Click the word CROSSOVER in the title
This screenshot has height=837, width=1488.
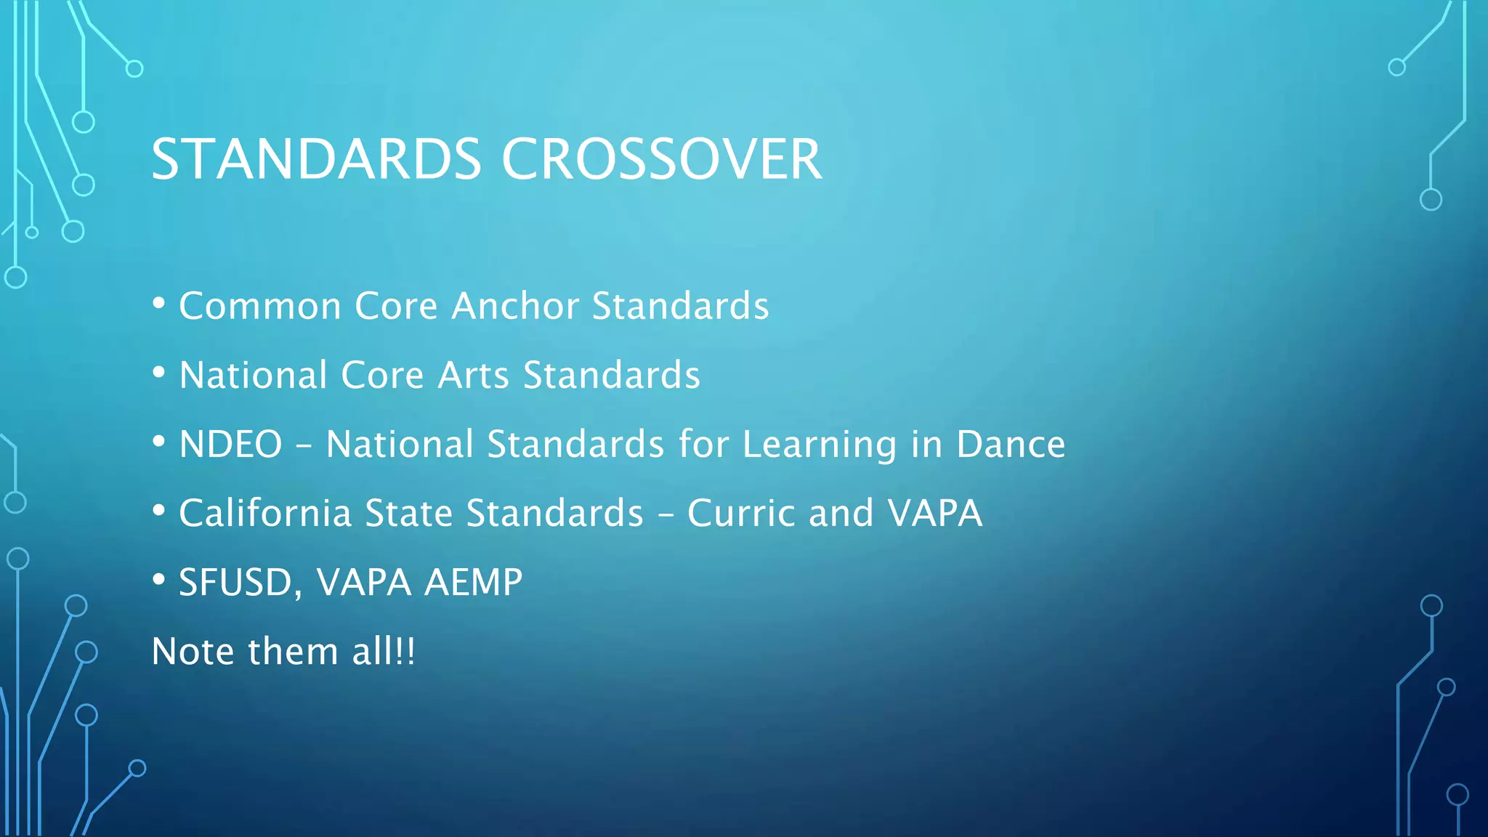pos(661,159)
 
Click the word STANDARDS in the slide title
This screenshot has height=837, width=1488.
pos(316,159)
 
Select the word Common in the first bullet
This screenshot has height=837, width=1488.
pos(260,306)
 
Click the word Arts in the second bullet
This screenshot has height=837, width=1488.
pos(473,375)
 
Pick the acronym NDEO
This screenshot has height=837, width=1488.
pos(230,444)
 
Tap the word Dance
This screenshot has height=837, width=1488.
pos(1011,444)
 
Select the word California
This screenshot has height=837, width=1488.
pos(265,513)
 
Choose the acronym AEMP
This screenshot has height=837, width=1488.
pos(473,583)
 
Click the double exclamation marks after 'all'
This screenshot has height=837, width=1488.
pos(405,651)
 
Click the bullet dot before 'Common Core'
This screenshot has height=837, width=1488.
pos(158,304)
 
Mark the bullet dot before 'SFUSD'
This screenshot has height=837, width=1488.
pos(158,580)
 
